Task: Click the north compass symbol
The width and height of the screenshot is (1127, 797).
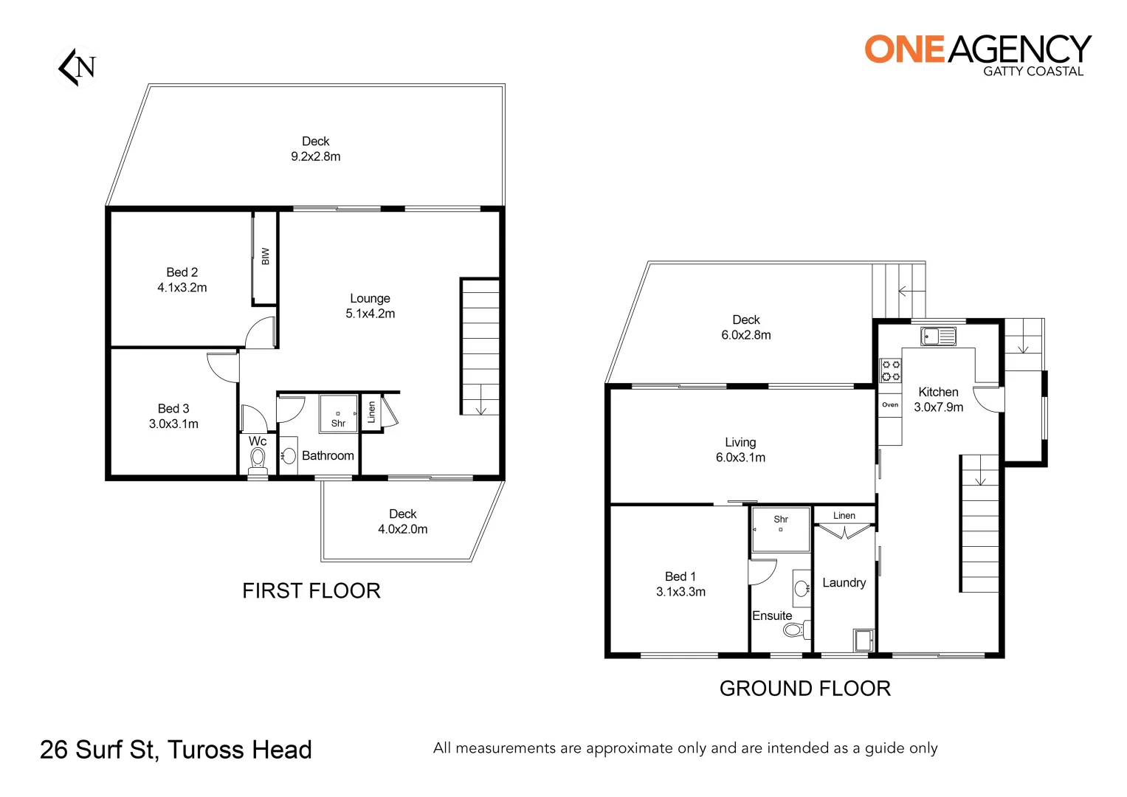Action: (77, 66)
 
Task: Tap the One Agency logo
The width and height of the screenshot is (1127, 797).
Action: (977, 53)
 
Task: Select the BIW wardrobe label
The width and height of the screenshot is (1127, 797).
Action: (265, 256)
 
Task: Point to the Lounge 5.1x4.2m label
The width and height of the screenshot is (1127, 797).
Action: (370, 306)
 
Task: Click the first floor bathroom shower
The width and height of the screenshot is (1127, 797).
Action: (338, 414)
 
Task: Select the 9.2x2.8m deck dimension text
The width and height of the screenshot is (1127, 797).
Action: (315, 156)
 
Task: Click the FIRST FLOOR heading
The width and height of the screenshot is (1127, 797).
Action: (311, 590)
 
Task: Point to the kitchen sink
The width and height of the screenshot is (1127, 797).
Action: (938, 337)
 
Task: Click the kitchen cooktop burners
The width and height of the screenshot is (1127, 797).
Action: (891, 370)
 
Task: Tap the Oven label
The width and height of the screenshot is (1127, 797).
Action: (890, 404)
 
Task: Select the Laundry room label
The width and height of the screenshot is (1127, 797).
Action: (844, 582)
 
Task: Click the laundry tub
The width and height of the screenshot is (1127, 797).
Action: (862, 639)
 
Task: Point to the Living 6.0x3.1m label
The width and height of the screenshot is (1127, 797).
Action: (740, 449)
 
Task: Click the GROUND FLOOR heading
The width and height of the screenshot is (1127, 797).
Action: (804, 689)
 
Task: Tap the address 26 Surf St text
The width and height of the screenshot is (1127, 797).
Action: (176, 750)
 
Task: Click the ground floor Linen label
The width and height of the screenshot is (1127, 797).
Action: (844, 515)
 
